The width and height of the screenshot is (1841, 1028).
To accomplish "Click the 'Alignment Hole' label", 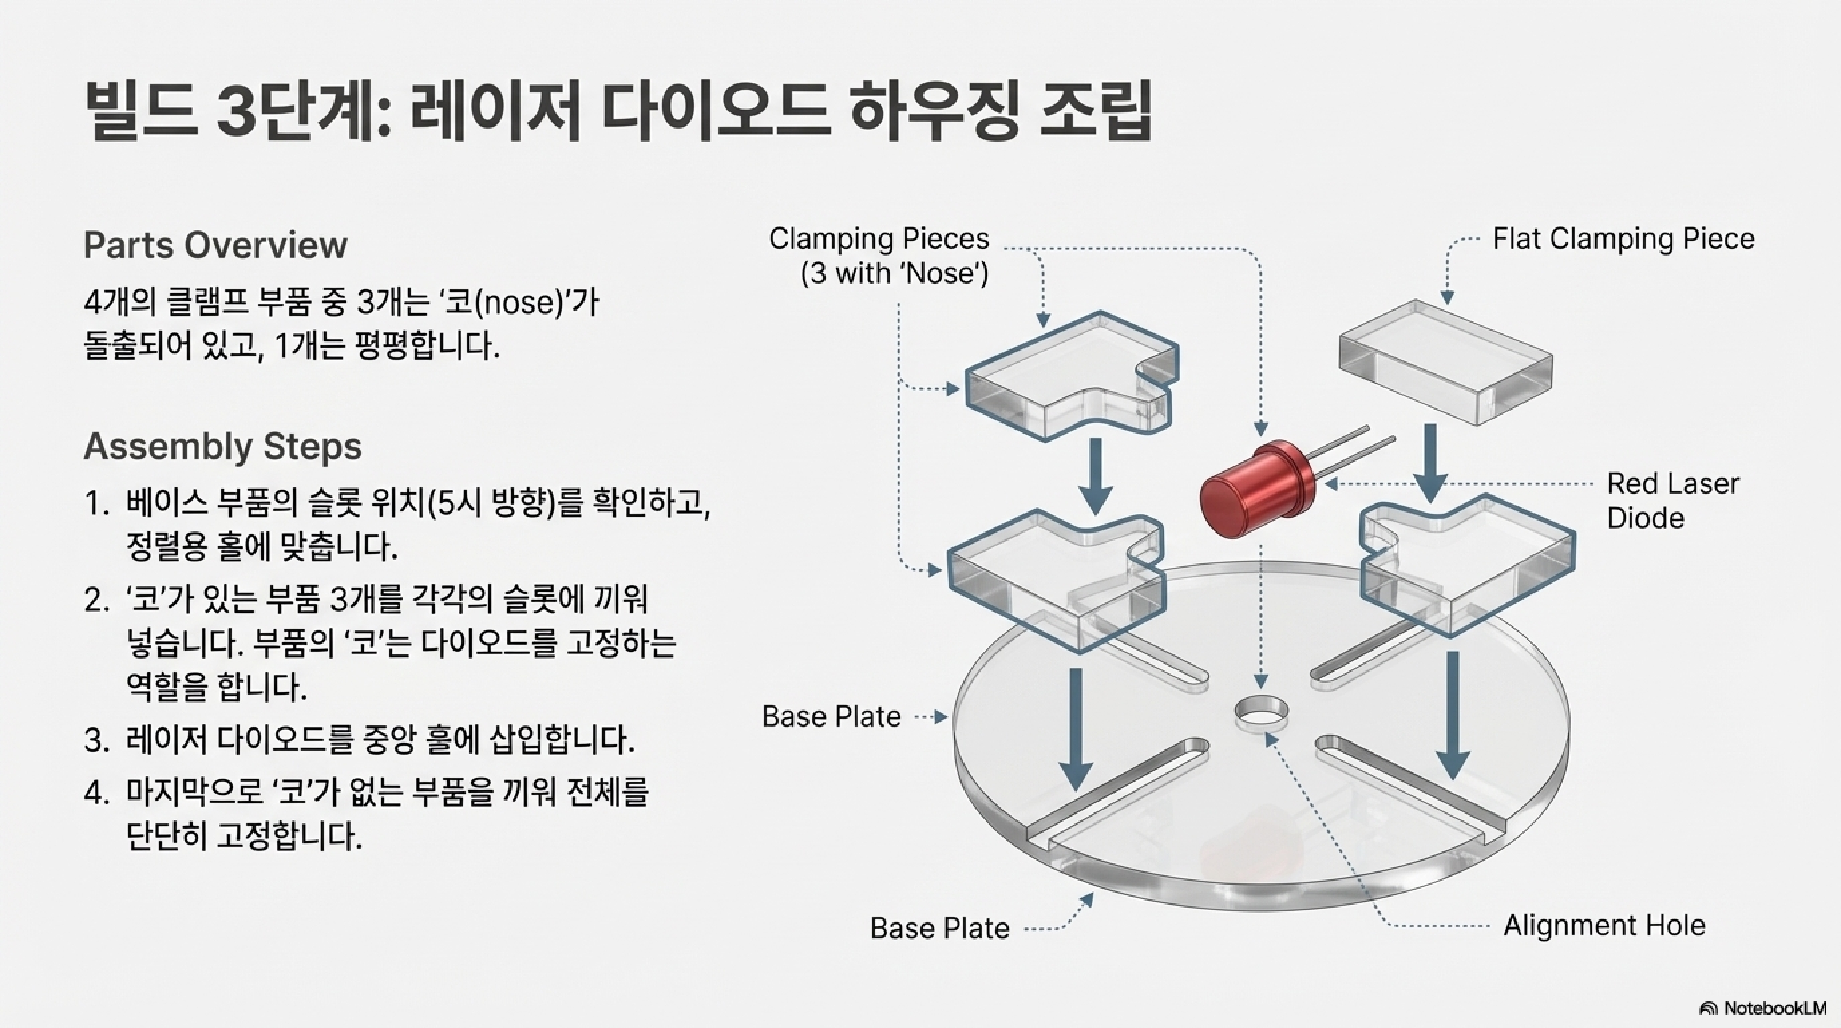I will (x=1604, y=926).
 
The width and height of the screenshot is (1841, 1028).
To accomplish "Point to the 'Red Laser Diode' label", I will (x=1672, y=501).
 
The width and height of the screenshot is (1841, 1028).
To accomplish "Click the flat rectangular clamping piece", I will (x=1444, y=361).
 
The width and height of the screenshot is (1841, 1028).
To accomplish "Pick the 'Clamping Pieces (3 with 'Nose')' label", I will (x=879, y=255).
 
